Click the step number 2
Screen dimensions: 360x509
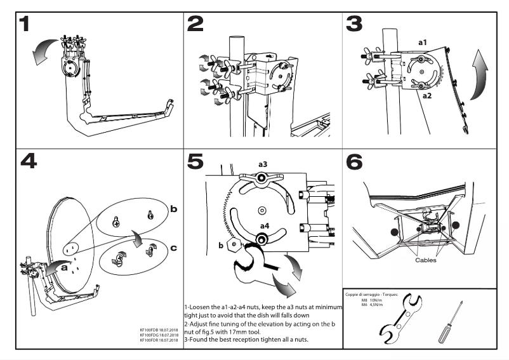pyautogui.click(x=195, y=25)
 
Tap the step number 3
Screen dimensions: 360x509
pyautogui.click(x=354, y=25)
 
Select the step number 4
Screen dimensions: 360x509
pyautogui.click(x=29, y=161)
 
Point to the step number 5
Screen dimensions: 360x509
pyautogui.click(x=195, y=161)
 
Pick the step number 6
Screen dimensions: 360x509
pyautogui.click(x=355, y=161)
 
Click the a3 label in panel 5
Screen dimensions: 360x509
pyautogui.click(x=263, y=164)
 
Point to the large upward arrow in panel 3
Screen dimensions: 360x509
pyautogui.click(x=480, y=73)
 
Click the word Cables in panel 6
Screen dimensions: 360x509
pyautogui.click(x=425, y=260)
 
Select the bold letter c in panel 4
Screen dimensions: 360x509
pyautogui.click(x=173, y=247)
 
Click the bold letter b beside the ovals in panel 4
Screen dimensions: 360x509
pyautogui.click(x=173, y=207)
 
